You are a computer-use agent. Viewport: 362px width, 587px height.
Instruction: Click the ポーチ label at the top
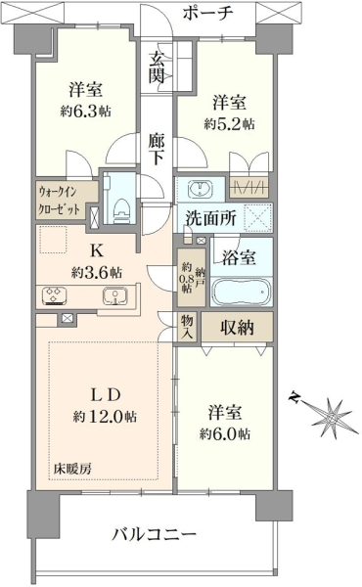207,14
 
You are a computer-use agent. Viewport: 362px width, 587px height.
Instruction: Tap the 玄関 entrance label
157,67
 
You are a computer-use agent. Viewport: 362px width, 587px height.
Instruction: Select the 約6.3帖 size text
86,112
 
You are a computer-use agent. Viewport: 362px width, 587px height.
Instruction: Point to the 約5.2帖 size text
230,123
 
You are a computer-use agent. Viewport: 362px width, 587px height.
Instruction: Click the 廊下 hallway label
156,149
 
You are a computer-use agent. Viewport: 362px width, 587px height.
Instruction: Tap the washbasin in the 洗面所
202,188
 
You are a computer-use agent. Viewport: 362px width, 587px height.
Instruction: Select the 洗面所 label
211,218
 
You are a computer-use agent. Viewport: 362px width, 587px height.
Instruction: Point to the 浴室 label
239,257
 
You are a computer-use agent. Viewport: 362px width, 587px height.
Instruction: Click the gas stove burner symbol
55,294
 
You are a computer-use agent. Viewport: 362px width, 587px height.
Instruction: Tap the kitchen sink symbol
115,295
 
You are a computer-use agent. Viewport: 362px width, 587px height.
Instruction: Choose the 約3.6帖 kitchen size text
97,273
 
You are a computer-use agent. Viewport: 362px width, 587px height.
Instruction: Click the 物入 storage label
187,327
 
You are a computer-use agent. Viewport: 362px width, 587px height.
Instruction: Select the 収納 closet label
237,328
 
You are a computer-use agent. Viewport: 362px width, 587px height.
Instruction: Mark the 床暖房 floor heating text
72,469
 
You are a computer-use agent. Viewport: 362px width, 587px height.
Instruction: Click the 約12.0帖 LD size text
105,417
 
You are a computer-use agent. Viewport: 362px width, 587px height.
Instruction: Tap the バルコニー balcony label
155,534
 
